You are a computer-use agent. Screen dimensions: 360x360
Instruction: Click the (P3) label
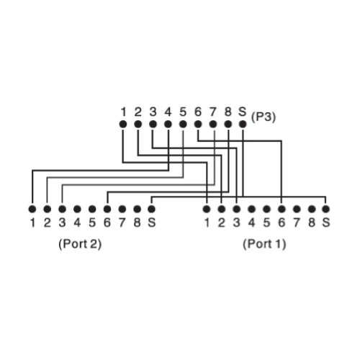pos(264,117)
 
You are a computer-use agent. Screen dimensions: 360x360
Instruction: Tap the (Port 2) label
pos(80,244)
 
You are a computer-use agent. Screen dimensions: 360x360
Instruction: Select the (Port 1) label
pos(264,244)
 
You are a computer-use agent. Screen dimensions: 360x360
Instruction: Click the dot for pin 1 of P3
pos(123,124)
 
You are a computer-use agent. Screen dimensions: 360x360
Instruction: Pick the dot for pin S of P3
pos(243,124)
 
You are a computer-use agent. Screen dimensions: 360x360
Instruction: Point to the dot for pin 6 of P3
pos(198,124)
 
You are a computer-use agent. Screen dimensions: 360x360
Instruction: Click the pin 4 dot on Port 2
pos(77,209)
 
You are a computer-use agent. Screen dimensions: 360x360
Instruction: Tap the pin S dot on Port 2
pos(151,209)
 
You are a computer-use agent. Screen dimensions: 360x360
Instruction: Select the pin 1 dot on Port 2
pos(32,209)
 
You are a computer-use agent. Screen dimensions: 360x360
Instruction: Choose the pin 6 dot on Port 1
pos(282,209)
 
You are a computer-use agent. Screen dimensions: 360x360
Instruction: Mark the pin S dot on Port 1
pos(325,209)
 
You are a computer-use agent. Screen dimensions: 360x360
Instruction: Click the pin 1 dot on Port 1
pos(207,209)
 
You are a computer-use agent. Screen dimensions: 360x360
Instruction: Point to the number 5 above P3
pos(183,112)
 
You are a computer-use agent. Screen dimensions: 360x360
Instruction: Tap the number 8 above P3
pos(228,112)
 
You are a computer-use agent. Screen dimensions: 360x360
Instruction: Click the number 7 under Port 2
pos(122,222)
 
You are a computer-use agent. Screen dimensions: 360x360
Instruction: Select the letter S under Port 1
pos(325,222)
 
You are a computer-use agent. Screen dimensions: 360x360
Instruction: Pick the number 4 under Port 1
pos(251,222)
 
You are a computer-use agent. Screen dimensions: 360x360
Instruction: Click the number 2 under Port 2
pos(48,222)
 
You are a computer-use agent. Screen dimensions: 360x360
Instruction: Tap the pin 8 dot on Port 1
pos(312,209)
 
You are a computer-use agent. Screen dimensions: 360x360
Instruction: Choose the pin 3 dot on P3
pos(153,124)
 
